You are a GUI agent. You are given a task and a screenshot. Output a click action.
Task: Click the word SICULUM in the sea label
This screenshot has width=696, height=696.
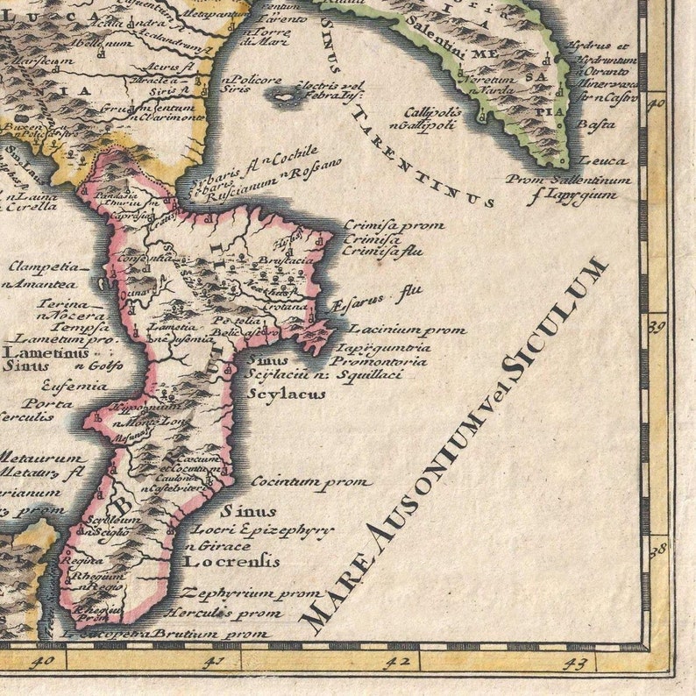(x=555, y=317)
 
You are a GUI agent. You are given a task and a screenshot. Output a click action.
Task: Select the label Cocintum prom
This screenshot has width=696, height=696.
(x=311, y=481)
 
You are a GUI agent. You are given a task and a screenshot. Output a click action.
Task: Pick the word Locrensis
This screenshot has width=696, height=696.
(x=230, y=560)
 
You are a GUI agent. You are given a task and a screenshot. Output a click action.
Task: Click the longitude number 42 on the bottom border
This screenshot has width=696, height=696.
(x=399, y=662)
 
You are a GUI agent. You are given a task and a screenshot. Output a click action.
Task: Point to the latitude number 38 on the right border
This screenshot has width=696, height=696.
(x=657, y=550)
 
